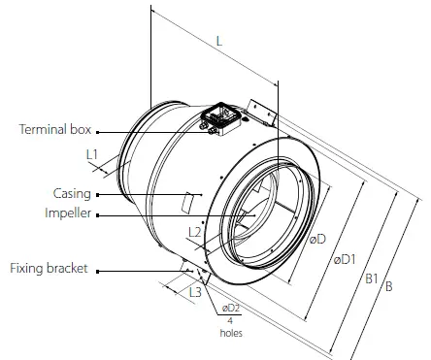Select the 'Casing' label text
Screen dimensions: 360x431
click(x=72, y=194)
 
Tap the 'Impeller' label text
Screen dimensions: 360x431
click(x=68, y=214)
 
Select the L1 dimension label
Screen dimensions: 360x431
click(x=92, y=154)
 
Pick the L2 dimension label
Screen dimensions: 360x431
click(x=194, y=232)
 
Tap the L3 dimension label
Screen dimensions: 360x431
click(x=194, y=290)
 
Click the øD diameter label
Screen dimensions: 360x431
click(x=316, y=240)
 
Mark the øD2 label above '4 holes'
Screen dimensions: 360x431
click(x=229, y=308)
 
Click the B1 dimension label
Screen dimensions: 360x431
click(x=372, y=278)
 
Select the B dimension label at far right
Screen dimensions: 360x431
click(x=389, y=287)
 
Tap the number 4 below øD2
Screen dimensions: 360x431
click(x=229, y=320)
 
